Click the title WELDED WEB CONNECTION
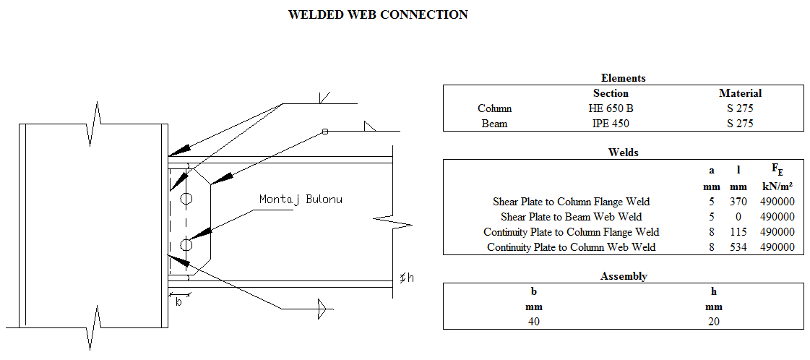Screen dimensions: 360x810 point(377,14)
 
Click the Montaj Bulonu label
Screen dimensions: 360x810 point(301,199)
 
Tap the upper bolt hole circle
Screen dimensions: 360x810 point(186,198)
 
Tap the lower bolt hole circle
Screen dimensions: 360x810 point(186,244)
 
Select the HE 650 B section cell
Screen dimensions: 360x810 point(611,108)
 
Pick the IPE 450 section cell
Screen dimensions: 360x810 point(611,124)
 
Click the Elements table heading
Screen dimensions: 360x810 point(623,78)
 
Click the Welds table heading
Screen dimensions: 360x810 point(623,153)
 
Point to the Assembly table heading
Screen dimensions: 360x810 point(623,276)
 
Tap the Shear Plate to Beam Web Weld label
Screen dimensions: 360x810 point(571,217)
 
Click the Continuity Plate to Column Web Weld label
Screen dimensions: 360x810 point(571,247)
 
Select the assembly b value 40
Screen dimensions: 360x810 point(533,322)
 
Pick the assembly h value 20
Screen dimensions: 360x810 point(713,322)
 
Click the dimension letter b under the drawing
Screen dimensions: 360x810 point(178,302)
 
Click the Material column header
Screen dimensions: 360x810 point(740,93)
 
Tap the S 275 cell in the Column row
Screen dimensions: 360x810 point(740,108)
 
